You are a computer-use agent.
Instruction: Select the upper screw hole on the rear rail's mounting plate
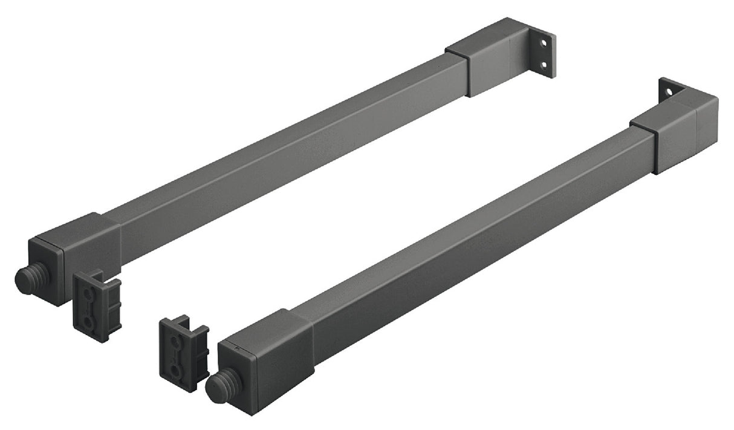point(545,44)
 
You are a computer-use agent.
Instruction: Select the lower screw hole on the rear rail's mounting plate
point(544,64)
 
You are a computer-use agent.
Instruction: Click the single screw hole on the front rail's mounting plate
point(669,92)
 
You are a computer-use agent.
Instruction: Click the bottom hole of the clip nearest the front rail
point(175,368)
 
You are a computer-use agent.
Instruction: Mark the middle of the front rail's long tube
point(478,242)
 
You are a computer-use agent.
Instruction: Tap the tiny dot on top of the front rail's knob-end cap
point(238,348)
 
